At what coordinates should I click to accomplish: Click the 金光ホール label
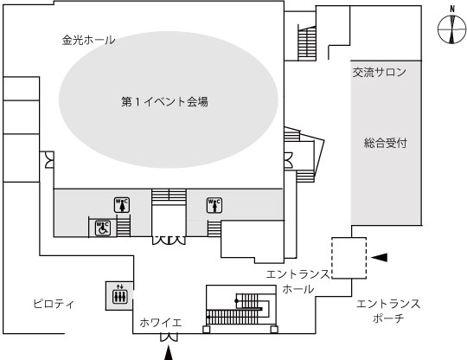(88, 40)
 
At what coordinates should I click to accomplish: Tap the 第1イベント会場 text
(164, 101)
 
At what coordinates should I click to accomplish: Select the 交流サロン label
(380, 72)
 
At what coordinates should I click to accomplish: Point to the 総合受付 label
(386, 143)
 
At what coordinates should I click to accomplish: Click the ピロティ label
(54, 304)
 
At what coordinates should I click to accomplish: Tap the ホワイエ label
(161, 323)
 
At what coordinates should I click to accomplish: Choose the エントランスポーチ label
(388, 311)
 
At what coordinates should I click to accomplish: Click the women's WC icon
(122, 205)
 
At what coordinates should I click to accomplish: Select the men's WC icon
(214, 205)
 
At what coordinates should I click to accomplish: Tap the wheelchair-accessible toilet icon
(103, 228)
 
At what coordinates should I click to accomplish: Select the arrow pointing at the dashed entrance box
(379, 257)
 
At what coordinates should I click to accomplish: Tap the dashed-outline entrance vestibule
(349, 258)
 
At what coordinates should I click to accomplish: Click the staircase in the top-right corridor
(307, 43)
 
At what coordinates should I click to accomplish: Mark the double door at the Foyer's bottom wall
(170, 337)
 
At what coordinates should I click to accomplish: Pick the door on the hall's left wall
(49, 160)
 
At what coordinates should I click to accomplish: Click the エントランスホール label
(298, 281)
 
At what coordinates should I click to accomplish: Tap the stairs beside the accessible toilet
(124, 226)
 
